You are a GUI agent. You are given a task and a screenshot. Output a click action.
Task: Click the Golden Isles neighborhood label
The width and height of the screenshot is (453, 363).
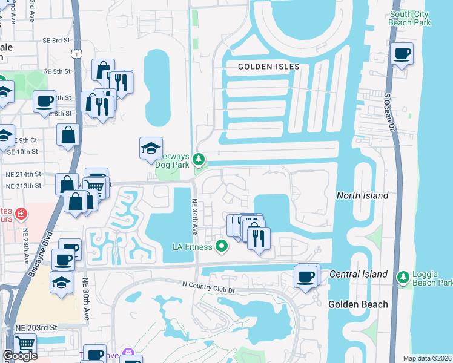269,67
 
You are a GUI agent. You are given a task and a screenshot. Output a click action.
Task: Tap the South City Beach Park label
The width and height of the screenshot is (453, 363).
411,18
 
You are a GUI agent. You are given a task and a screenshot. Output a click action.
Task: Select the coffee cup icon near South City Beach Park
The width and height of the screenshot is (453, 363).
402,54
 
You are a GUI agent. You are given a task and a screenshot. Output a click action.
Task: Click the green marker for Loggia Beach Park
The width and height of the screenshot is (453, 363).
403,278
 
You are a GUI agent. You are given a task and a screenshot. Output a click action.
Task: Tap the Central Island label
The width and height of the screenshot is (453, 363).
359,274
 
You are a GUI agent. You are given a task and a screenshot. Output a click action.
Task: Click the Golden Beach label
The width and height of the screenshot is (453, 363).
358,304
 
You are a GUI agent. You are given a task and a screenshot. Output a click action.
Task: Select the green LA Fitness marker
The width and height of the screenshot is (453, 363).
222,246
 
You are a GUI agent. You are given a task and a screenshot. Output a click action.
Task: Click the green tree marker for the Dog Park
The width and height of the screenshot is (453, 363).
200,160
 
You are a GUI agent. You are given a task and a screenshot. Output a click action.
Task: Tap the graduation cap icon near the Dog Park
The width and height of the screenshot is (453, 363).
151,148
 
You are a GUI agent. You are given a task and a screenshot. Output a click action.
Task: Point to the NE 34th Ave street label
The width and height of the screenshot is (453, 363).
195,218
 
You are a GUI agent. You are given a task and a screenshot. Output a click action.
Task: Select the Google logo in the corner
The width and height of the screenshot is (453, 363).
20,356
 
